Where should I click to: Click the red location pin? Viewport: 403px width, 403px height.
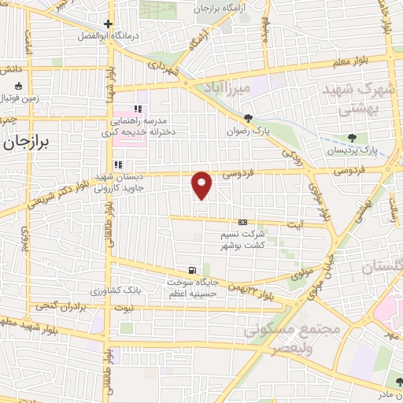point(202,184)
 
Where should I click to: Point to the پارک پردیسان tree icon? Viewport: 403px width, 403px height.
point(362,138)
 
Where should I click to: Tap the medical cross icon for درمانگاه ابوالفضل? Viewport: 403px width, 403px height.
point(109,24)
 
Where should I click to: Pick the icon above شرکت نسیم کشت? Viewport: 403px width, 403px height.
point(242,222)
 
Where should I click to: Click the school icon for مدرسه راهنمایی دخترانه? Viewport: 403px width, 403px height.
point(139,109)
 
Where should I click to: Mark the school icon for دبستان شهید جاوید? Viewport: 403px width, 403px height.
point(118,165)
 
